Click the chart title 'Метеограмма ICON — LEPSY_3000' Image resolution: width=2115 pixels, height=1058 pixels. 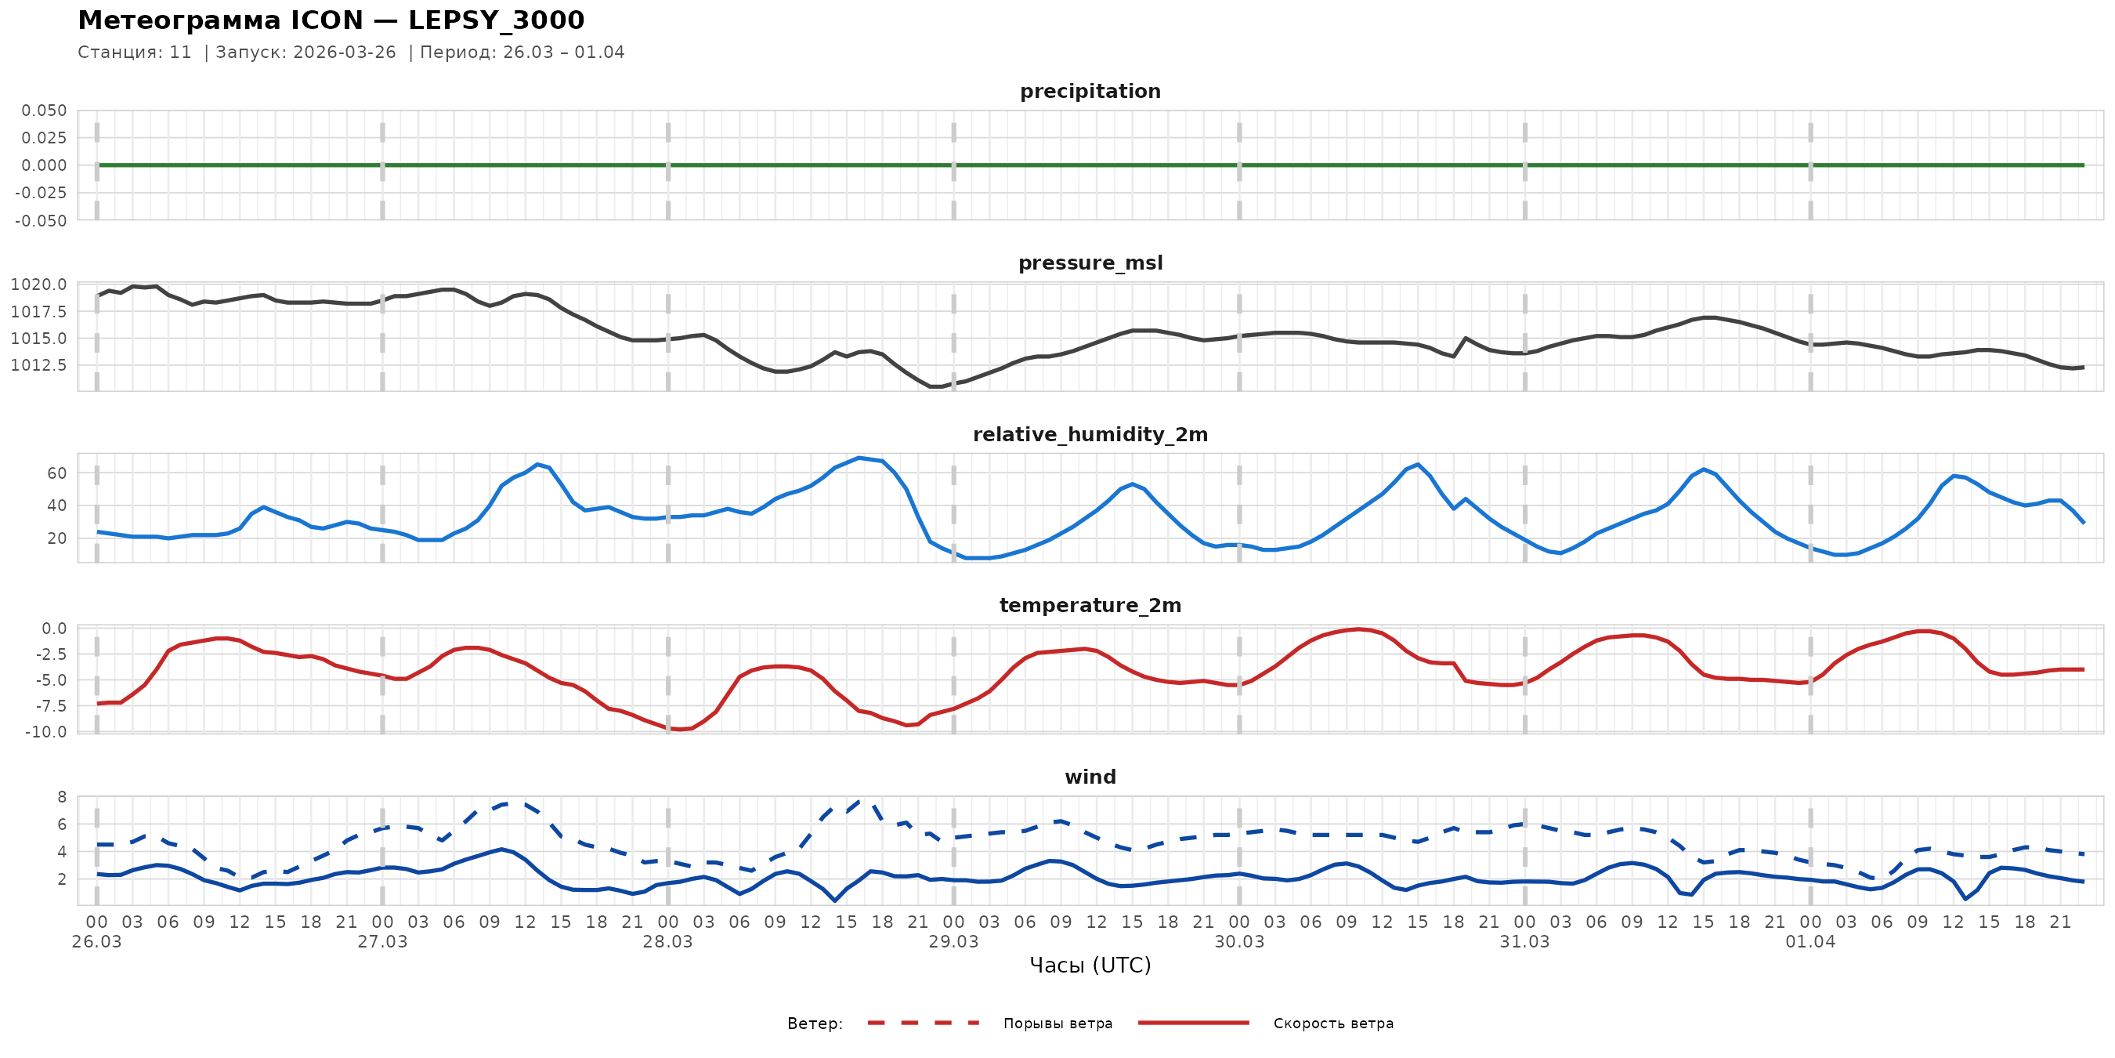[x=331, y=20]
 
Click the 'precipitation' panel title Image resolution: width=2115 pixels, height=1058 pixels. [x=1090, y=91]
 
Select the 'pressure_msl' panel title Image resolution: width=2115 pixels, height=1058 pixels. [x=1090, y=263]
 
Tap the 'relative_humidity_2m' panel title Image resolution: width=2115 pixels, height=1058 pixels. [x=1090, y=434]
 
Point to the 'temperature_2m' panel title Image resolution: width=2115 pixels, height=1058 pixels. [x=1090, y=605]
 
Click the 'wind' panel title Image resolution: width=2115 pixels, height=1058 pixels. [x=1090, y=777]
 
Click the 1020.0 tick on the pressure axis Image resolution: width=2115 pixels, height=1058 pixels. [x=38, y=285]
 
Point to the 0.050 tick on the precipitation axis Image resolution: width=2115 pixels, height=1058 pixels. [x=45, y=111]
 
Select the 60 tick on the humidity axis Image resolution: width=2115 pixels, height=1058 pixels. [x=56, y=473]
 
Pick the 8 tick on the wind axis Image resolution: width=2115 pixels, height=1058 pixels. [x=62, y=797]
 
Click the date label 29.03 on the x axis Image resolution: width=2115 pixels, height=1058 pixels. [x=953, y=942]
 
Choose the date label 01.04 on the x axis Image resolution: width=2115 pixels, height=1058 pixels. [x=1809, y=942]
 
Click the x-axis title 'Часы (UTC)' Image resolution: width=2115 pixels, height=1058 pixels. [x=1090, y=966]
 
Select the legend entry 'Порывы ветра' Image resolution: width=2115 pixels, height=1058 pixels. [x=1057, y=1024]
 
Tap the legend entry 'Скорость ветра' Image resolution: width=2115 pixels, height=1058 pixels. [x=1332, y=1024]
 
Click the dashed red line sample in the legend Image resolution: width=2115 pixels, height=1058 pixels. [x=924, y=1023]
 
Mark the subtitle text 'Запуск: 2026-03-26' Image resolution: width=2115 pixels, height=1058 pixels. [x=305, y=53]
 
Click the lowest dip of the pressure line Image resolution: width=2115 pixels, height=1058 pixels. [x=935, y=386]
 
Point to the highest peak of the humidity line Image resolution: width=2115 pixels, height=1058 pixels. [x=859, y=458]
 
